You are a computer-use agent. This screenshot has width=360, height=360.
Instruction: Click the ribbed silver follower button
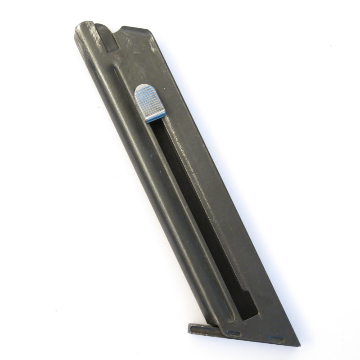149,102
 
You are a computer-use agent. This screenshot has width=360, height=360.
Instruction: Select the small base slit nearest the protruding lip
233,333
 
